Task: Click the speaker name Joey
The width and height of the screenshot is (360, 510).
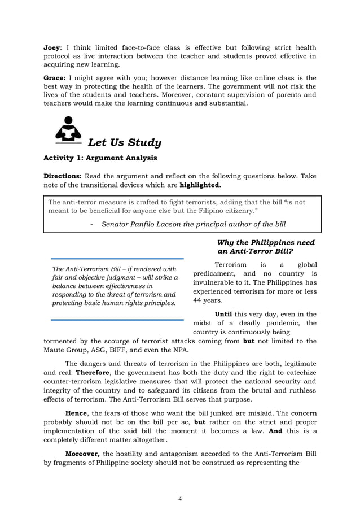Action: [52, 48]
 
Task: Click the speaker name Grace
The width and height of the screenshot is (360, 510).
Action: [55, 78]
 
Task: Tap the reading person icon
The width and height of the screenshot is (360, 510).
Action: [68, 130]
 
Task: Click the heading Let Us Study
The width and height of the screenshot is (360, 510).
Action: [125, 142]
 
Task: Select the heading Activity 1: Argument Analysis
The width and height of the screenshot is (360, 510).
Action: [100, 158]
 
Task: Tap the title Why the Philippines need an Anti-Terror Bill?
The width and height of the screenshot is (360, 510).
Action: [266, 246]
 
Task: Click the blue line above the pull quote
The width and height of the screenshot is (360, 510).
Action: [117, 259]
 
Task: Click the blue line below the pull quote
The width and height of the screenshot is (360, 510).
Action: [117, 320]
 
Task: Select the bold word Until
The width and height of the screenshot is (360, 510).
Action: [225, 314]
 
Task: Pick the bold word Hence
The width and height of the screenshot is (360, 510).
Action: [76, 413]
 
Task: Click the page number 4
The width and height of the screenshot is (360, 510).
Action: [179, 498]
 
